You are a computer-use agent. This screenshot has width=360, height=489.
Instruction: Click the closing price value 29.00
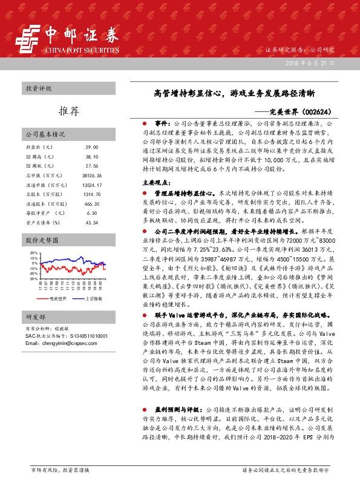(91, 147)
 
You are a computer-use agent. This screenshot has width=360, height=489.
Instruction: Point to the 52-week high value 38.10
(91, 156)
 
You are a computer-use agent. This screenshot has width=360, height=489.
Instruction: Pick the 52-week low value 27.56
(91, 165)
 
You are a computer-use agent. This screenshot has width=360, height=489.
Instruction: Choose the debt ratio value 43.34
(91, 223)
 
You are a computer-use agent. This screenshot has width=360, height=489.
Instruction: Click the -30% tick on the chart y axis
(33, 279)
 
